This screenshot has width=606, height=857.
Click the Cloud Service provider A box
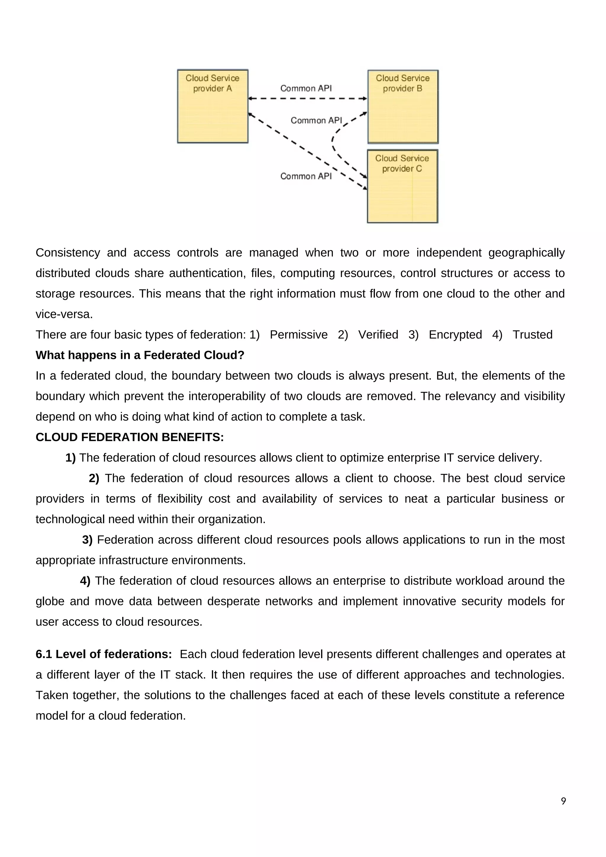(212, 106)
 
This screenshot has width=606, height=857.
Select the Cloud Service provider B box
(403, 107)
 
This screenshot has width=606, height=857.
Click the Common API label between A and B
(306, 88)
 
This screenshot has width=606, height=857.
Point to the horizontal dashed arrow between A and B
(307, 99)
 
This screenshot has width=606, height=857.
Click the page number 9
(563, 801)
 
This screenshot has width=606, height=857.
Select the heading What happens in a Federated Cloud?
(140, 355)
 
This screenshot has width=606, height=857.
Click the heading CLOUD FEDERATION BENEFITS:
(130, 437)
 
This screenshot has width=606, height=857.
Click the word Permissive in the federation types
(299, 334)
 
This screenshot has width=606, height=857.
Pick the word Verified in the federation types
(378, 334)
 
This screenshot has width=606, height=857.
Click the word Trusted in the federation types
(532, 334)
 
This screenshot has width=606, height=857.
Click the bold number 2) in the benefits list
(94, 478)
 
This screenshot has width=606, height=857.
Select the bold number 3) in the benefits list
(87, 540)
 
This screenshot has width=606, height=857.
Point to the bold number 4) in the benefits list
(85, 581)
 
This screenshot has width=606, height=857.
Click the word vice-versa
(64, 314)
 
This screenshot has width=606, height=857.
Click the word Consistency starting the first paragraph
(67, 253)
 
